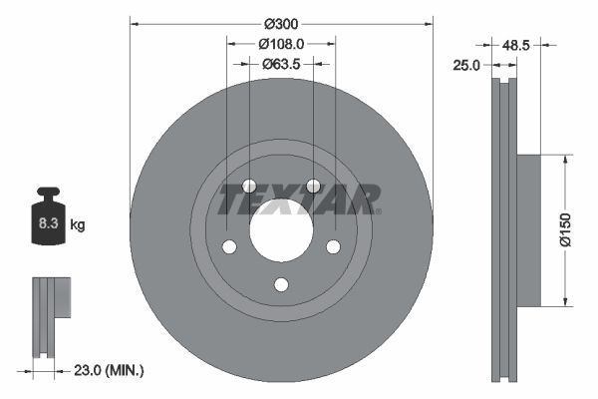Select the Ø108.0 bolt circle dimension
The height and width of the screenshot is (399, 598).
click(x=280, y=44)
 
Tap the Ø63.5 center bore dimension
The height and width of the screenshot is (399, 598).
click(x=281, y=63)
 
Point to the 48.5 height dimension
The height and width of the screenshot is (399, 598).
click(x=542, y=45)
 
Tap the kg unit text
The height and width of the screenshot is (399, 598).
click(x=78, y=225)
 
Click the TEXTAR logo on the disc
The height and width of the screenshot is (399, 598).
click(x=299, y=199)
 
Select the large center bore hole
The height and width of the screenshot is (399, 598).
click(x=281, y=229)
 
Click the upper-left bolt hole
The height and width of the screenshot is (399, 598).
click(x=249, y=187)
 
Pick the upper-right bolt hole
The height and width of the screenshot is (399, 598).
click(x=313, y=187)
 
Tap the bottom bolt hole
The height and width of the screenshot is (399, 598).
click(x=281, y=284)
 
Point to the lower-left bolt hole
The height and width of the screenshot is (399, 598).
click(x=228, y=247)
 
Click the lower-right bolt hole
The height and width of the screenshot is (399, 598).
click(x=333, y=247)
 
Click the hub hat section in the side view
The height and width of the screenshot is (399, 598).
click(x=528, y=229)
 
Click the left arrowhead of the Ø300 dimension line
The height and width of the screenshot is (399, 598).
click(x=135, y=23)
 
